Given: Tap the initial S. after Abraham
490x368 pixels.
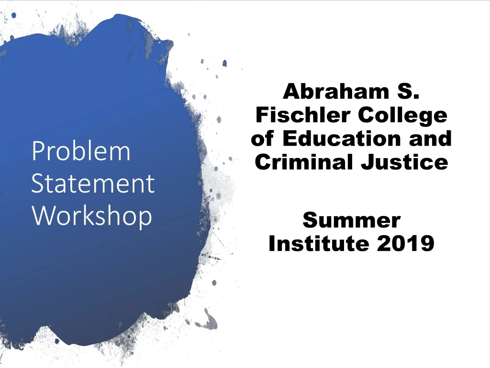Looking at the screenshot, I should pyautogui.click(x=409, y=91).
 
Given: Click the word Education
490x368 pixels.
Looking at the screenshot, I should pyautogui.click(x=338, y=138).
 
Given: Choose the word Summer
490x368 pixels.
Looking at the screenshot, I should pyautogui.click(x=352, y=220).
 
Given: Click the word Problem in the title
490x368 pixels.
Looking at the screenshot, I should pyautogui.click(x=80, y=151).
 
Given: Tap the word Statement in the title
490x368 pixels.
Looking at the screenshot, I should pyautogui.click(x=93, y=184).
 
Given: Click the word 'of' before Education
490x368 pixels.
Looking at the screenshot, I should pyautogui.click(x=262, y=138).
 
